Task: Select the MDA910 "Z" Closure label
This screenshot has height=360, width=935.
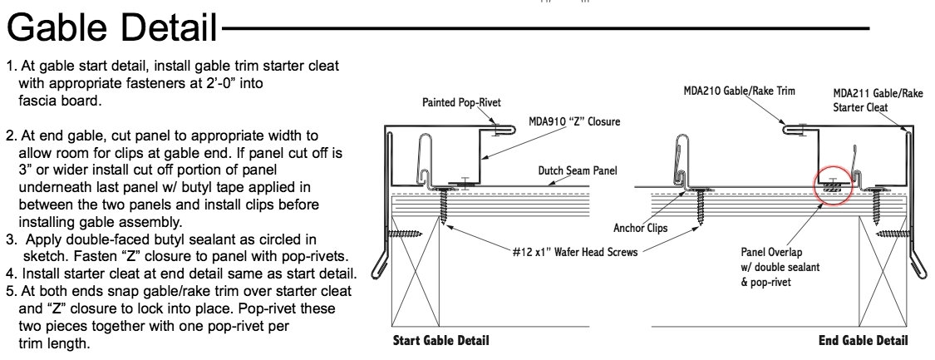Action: pyautogui.click(x=573, y=121)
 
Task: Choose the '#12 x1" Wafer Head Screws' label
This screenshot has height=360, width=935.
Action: pyautogui.click(x=575, y=252)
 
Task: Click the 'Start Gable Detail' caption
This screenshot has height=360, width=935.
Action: pyautogui.click(x=440, y=341)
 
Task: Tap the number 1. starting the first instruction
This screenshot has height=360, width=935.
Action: pyautogui.click(x=9, y=65)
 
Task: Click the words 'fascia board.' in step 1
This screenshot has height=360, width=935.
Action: pyautogui.click(x=59, y=101)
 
